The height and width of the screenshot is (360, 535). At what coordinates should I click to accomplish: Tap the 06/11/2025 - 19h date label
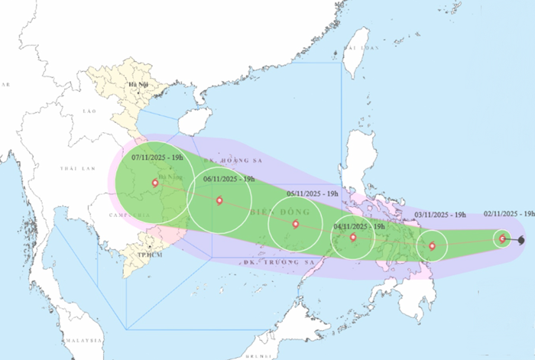[229, 179]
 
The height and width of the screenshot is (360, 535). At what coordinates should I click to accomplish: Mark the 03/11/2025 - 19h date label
[440, 216]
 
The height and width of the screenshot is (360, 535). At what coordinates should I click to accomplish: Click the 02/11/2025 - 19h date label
[509, 215]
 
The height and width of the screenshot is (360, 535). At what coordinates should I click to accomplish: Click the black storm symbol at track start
[521, 241]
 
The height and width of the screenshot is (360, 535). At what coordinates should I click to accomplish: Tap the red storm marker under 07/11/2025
[155, 183]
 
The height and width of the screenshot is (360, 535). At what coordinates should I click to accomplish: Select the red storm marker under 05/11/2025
[296, 225]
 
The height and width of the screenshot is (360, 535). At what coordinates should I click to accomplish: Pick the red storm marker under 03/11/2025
[433, 246]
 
